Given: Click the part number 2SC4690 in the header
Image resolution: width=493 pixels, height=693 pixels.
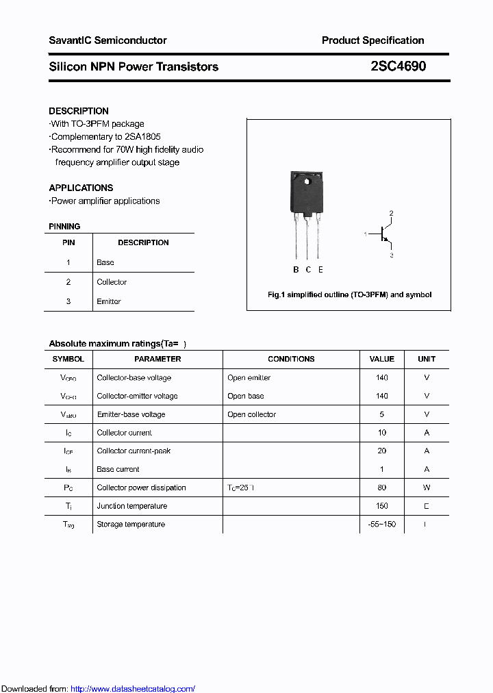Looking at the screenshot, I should (398, 66).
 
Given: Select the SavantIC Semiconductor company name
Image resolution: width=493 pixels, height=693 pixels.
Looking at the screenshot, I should (108, 40).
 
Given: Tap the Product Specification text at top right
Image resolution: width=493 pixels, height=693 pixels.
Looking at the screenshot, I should (372, 40).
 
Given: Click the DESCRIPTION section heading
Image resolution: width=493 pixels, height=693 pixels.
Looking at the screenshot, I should (79, 111).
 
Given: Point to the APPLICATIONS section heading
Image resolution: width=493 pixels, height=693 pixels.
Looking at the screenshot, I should (81, 188).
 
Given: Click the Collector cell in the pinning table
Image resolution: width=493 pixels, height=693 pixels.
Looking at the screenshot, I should (112, 282).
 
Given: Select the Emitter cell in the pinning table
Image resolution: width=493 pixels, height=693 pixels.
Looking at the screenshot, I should (109, 301).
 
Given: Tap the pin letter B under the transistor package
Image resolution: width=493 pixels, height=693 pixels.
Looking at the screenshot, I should (296, 270).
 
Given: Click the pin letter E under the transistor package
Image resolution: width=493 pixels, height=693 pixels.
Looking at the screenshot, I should (320, 270).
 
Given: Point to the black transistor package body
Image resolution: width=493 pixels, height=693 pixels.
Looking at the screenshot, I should (305, 192).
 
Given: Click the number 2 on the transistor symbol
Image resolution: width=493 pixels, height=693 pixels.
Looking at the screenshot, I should (392, 214).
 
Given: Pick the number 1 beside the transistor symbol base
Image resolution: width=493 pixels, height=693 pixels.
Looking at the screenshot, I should (366, 234).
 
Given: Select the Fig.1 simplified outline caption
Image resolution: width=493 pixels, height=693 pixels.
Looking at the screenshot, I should (349, 294).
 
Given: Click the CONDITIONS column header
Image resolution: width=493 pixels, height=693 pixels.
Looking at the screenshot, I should (291, 359).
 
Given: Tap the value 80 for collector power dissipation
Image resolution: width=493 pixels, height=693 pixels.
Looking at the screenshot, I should (382, 488).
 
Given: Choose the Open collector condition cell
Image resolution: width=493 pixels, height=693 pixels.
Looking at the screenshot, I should (251, 414).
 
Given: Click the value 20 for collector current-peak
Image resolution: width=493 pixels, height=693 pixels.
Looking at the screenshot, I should (382, 451).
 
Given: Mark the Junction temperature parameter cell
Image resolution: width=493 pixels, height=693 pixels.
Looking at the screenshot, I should (131, 506).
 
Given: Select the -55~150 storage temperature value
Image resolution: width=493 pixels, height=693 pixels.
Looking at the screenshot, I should (382, 525).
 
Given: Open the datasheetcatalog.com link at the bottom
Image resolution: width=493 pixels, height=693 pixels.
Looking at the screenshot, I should (133, 689).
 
